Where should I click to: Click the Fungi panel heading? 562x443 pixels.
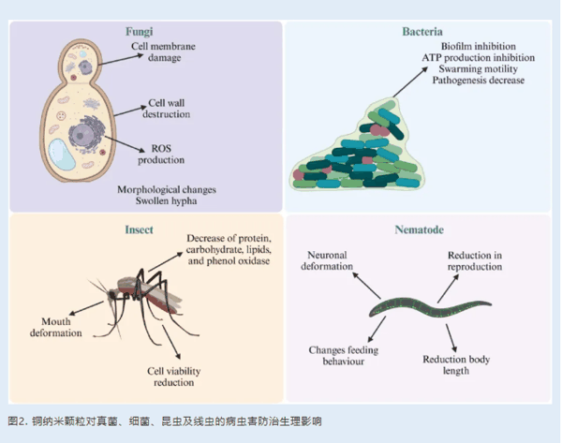pyautogui.click(x=140, y=31)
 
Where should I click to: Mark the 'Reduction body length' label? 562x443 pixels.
pyautogui.click(x=458, y=364)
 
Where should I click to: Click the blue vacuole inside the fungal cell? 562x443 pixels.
pyautogui.click(x=67, y=155)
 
